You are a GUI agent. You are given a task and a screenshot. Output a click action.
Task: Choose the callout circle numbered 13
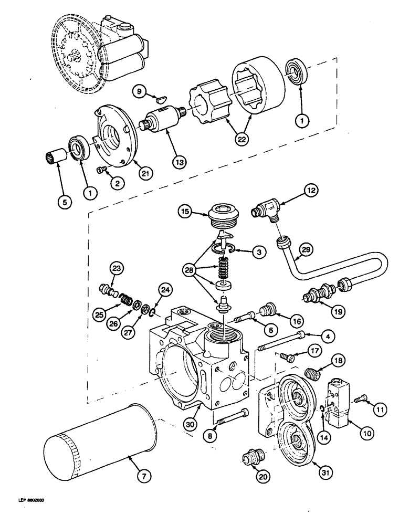(x=179, y=163)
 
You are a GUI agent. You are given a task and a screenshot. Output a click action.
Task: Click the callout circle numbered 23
(x=115, y=269)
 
